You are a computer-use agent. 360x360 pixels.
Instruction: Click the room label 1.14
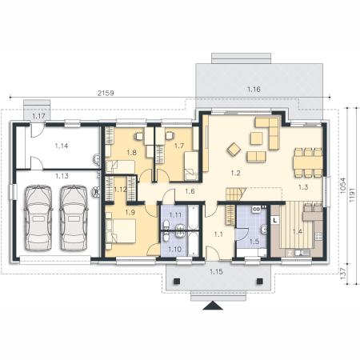click(x=62, y=146)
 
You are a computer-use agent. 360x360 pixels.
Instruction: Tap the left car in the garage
click(x=38, y=218)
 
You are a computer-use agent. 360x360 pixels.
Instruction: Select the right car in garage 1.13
click(x=74, y=218)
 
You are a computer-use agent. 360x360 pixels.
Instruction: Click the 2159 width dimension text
click(x=106, y=93)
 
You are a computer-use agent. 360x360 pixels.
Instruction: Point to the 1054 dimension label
click(x=343, y=186)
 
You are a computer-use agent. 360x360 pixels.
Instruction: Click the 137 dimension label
click(x=343, y=274)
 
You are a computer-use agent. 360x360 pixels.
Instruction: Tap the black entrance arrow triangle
click(x=213, y=306)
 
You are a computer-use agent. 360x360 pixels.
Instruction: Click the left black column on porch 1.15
click(x=176, y=281)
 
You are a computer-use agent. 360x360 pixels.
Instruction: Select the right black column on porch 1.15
click(x=260, y=281)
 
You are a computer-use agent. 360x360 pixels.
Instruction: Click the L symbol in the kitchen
click(x=275, y=220)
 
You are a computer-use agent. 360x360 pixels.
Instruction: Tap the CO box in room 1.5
click(x=256, y=210)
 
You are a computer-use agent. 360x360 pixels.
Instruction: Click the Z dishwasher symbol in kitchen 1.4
click(x=290, y=253)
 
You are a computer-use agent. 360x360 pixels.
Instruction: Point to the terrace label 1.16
click(x=254, y=90)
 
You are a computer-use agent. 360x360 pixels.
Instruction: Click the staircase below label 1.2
click(x=236, y=194)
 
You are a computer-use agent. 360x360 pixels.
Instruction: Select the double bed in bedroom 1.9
click(x=121, y=231)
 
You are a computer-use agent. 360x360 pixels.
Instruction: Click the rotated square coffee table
click(x=234, y=150)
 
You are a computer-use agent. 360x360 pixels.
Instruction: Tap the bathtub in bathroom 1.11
click(x=193, y=218)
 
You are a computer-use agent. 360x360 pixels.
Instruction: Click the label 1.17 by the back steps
click(x=38, y=116)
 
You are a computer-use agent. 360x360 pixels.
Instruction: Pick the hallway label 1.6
click(x=190, y=191)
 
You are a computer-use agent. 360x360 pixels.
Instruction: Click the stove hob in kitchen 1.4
click(x=318, y=236)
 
